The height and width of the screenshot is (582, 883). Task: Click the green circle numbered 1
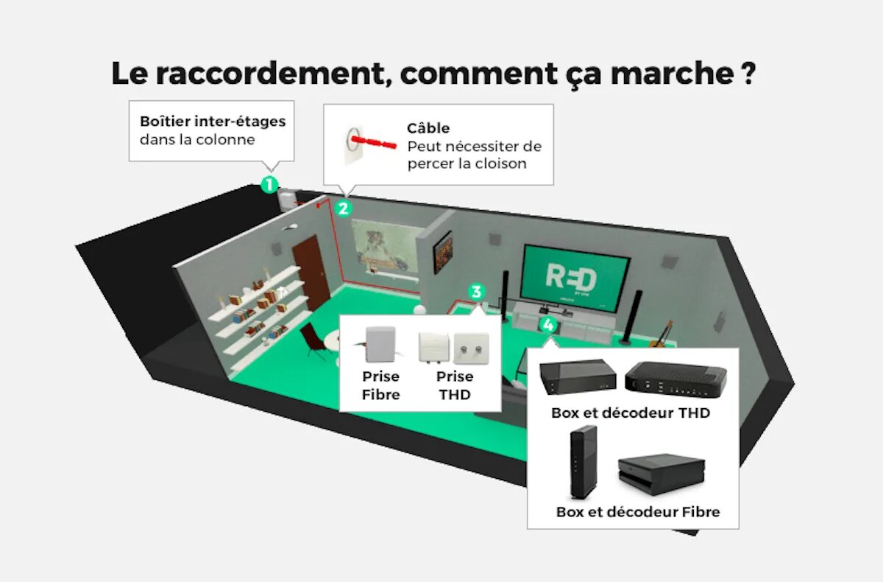(x=270, y=184)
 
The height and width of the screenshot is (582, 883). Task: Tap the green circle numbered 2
(x=343, y=208)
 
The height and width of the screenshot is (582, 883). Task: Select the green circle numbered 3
(x=477, y=292)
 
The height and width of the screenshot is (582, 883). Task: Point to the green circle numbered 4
(x=547, y=323)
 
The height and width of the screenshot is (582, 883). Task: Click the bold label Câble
(x=428, y=128)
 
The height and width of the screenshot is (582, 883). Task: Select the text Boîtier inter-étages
(x=213, y=121)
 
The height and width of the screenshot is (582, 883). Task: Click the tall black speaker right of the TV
(x=634, y=317)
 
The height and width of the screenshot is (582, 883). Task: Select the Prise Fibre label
(x=380, y=385)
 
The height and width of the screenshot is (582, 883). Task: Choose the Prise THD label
(x=455, y=385)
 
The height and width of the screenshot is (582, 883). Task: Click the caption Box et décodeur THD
(x=631, y=413)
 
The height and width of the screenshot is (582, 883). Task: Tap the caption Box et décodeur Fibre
(x=638, y=511)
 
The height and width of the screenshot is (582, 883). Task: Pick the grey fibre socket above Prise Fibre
(x=381, y=344)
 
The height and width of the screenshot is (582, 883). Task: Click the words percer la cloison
(x=467, y=164)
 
